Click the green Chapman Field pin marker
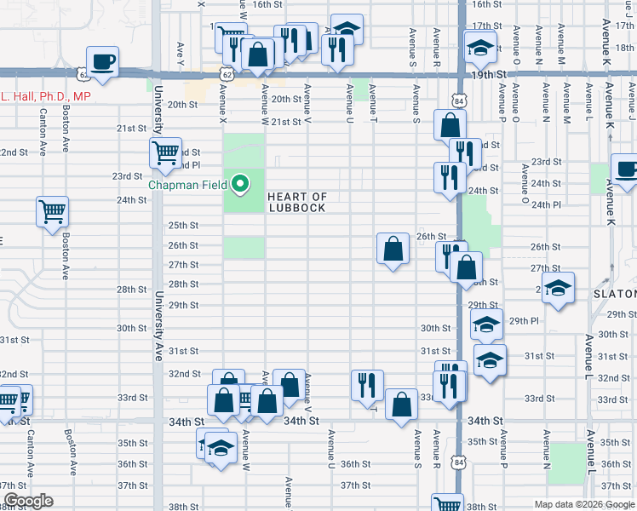[x=240, y=182]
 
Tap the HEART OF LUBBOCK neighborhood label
[x=297, y=202]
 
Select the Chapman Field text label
[x=188, y=185]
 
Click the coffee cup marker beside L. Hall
[x=102, y=62]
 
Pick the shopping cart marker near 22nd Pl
[x=165, y=154]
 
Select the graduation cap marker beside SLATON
[x=558, y=288]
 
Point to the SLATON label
[x=614, y=294]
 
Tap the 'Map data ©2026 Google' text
[x=584, y=504]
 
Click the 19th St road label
[x=502, y=75]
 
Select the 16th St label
[x=267, y=4]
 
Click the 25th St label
[x=182, y=226]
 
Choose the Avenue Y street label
[x=181, y=49]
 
